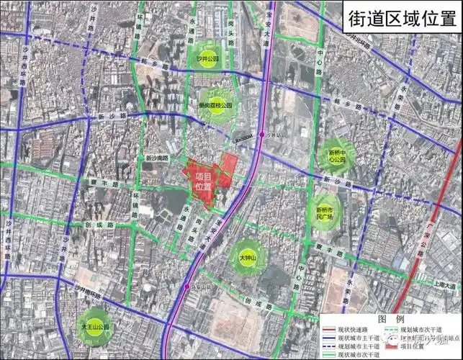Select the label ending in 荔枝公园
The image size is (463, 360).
(x=216, y=105)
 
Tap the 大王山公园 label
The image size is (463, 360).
(x=94, y=326)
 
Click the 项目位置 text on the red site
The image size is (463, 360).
(x=203, y=181)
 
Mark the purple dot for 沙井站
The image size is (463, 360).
(x=262, y=135)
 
